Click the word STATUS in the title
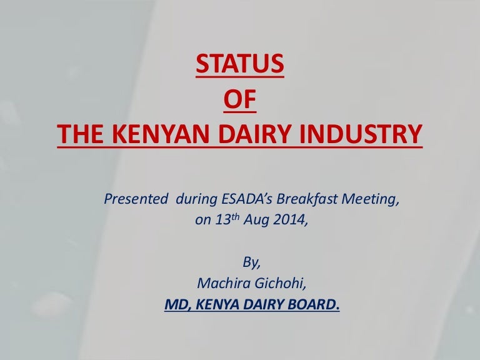240,64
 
